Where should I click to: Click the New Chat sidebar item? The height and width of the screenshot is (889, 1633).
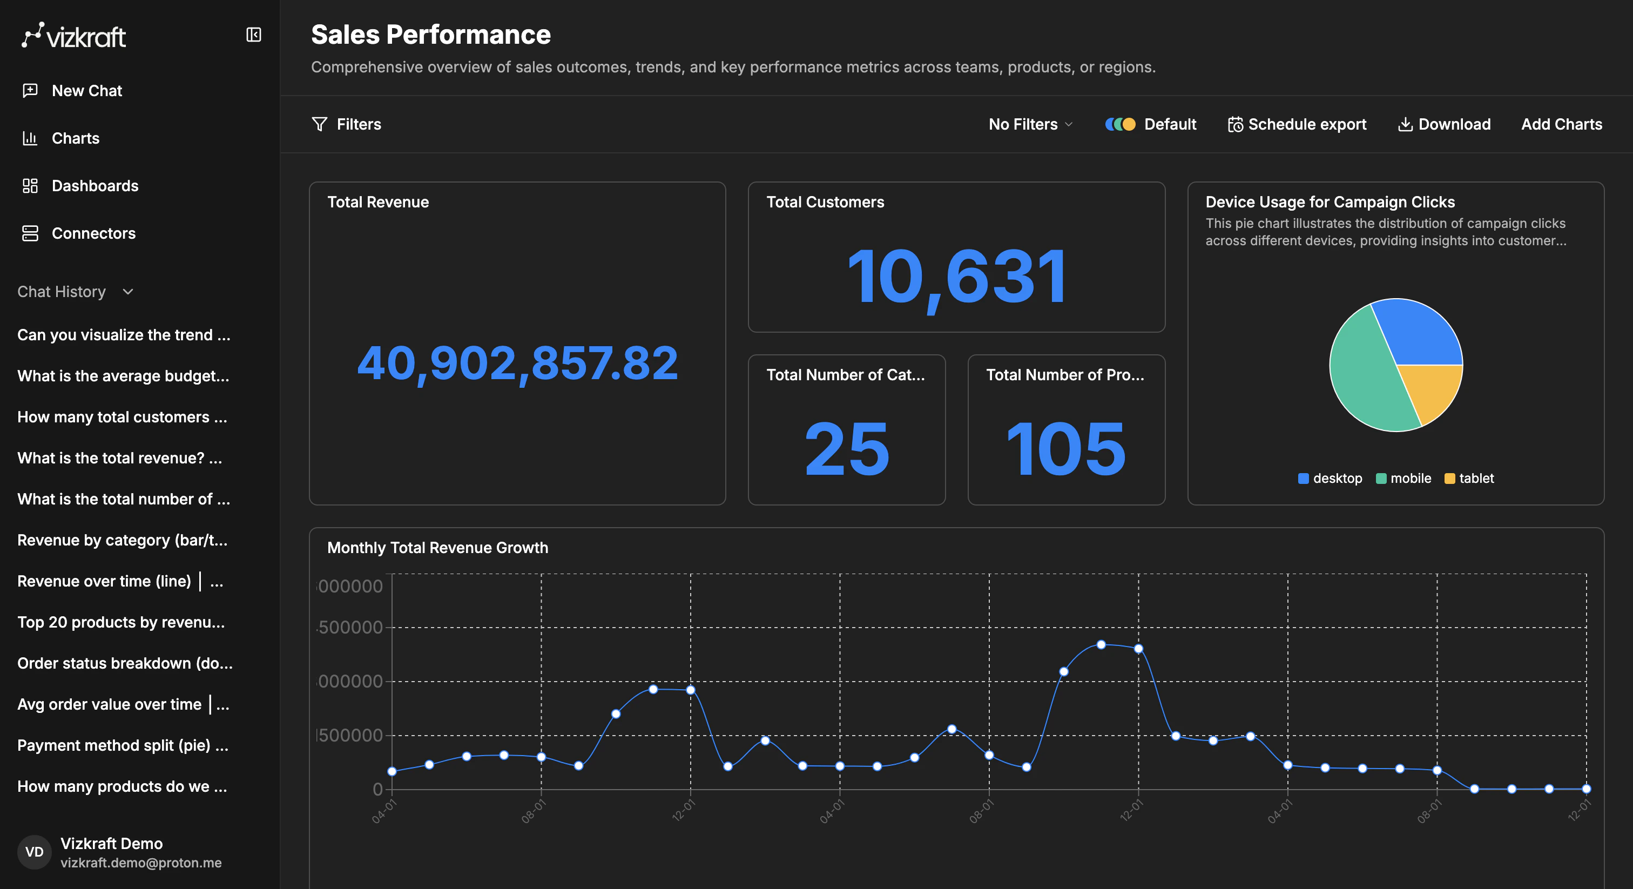(86, 91)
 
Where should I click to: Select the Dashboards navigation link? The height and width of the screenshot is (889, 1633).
(95, 186)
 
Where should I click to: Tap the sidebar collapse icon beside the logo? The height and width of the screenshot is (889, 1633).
(254, 35)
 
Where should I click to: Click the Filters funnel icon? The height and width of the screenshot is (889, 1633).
(320, 124)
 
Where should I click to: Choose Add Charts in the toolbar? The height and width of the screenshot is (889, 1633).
(1561, 124)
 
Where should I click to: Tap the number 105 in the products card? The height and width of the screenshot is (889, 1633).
(1067, 448)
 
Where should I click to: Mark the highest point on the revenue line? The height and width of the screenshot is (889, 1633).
(1101, 644)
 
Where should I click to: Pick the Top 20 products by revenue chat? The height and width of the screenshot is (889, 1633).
(120, 622)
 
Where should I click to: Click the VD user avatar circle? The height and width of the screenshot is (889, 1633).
(34, 852)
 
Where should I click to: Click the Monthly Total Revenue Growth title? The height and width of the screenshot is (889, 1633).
(437, 548)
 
